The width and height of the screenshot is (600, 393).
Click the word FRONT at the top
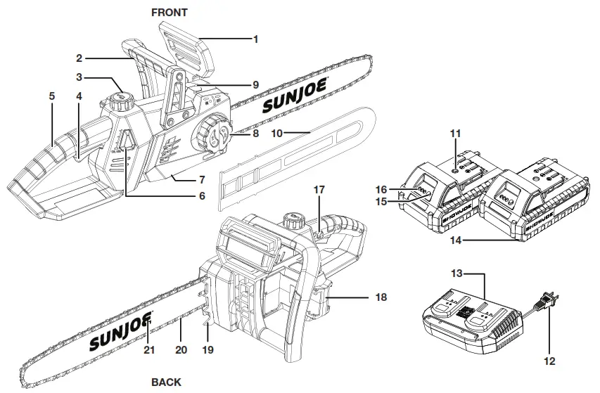pos(170,12)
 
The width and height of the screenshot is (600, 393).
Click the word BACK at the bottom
pos(166,382)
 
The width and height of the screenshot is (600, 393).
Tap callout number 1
pos(255,39)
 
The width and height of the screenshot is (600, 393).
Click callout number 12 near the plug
pos(549,361)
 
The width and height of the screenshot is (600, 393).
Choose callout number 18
pos(381,297)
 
